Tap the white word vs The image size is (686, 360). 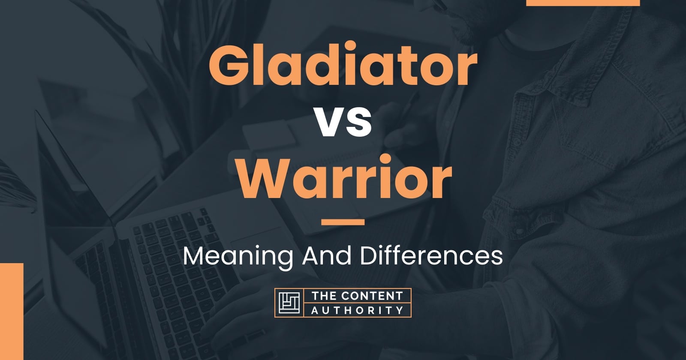point(343,123)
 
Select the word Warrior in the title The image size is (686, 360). point(343,179)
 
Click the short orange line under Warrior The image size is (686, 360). point(343,222)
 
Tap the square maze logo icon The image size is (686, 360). point(289,303)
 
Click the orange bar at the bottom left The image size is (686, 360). point(11,311)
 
